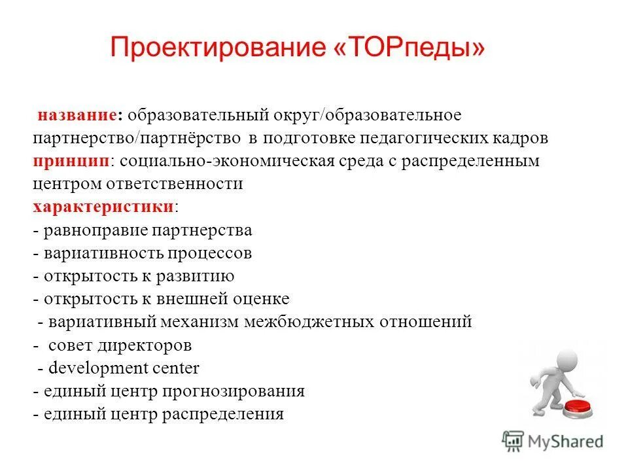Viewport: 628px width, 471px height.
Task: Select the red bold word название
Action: pyautogui.click(x=78, y=115)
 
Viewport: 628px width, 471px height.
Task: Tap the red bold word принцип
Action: pyautogui.click(x=70, y=161)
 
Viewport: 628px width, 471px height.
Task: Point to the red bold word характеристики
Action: pyautogui.click(x=103, y=207)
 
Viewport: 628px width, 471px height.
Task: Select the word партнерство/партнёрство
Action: pyautogui.click(x=136, y=139)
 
